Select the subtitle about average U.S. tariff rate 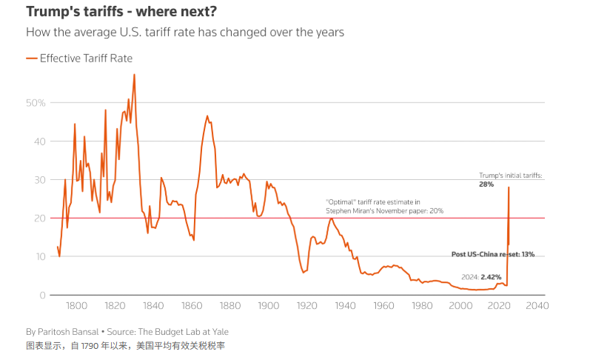coord(184,33)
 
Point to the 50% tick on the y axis coord(36,102)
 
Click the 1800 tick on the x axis coord(77,305)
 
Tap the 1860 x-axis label coord(192,305)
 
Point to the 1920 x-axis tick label coord(307,305)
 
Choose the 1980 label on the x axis coord(422,305)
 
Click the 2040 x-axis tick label coord(537,305)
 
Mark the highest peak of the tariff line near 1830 coord(134,74)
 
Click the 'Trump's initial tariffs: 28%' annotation coord(511,179)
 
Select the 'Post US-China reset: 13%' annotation coord(492,254)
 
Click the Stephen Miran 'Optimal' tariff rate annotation coord(384,206)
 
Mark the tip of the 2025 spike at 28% coord(509,187)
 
